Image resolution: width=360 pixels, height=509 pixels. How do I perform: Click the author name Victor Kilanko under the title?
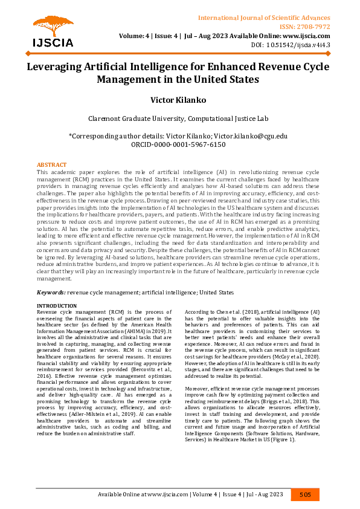[x=179, y=99]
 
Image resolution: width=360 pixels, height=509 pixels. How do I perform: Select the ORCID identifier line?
[x=179, y=145]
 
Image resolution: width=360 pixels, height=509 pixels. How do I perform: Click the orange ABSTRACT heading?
[x=52, y=165]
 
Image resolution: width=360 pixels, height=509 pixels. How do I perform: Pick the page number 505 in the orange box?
[x=305, y=494]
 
